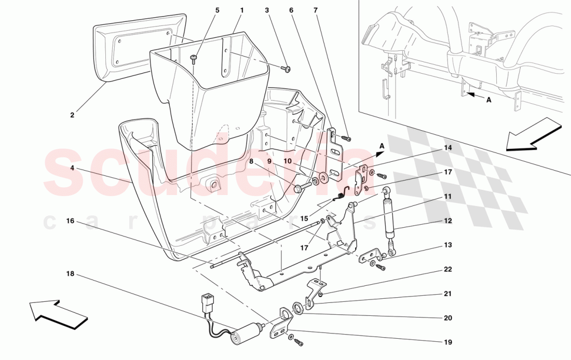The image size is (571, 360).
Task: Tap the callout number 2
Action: tap(72, 115)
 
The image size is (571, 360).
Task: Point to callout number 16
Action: tap(70, 221)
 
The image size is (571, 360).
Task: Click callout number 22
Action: tap(447, 269)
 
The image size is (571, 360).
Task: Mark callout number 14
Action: tap(447, 148)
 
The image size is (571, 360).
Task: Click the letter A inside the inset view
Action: tap(488, 102)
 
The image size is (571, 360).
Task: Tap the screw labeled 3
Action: tap(286, 68)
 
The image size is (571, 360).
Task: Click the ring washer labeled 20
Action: tap(298, 308)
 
